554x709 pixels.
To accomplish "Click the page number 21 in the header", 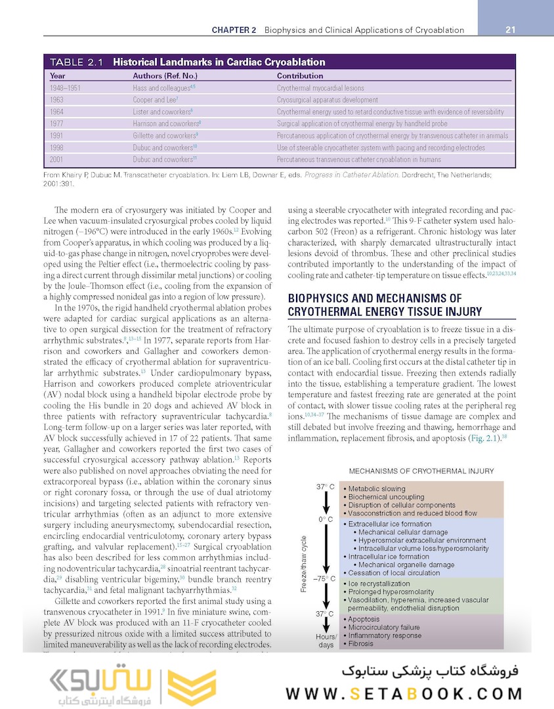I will tap(510, 30).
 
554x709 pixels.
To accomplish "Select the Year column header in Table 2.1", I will tap(57, 75).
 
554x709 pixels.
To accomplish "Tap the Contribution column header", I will tap(299, 75).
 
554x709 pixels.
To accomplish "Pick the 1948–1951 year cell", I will tap(68, 88).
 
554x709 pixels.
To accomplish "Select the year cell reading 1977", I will tap(56, 123).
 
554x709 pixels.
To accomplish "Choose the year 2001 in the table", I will tap(56, 160).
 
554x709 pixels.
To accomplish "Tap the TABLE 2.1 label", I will tap(76, 62).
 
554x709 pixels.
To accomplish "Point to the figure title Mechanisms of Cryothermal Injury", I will tap(421, 471).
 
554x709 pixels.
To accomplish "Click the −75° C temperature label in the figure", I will tap(325, 579).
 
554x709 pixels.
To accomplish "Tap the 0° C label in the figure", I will tap(326, 520).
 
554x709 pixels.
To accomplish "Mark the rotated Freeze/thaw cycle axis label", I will tap(304, 563).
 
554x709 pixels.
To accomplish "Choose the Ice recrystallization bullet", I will tap(379, 583).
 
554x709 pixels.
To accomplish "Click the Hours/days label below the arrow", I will tap(326, 641).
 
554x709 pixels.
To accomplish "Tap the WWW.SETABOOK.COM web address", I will tap(404, 694).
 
